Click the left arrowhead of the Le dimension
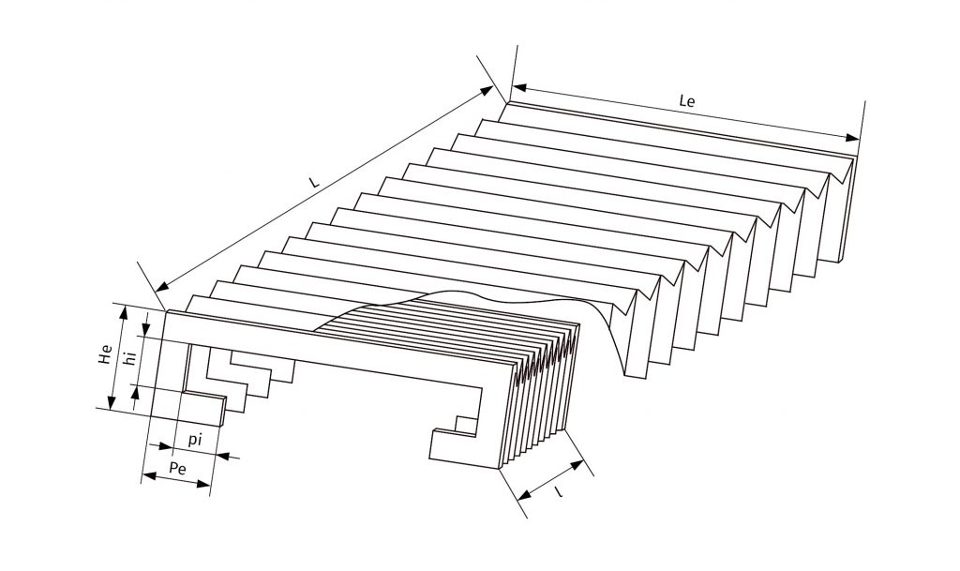[518, 87]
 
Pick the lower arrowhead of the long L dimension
[162, 286]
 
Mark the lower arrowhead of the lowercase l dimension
[520, 496]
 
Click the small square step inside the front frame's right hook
[462, 423]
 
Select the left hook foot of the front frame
[204, 409]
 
